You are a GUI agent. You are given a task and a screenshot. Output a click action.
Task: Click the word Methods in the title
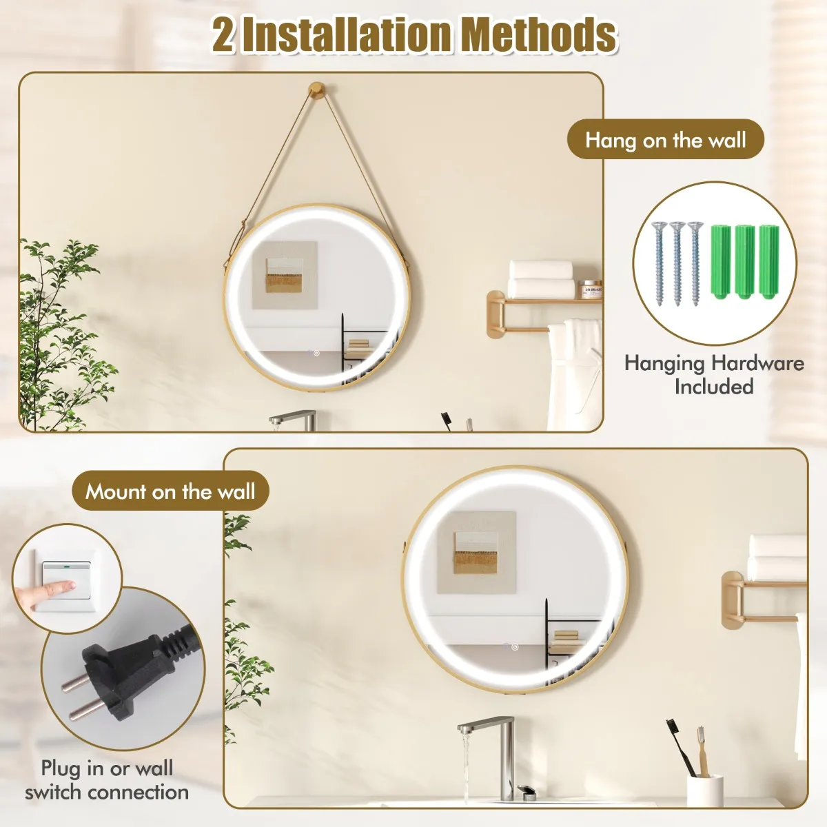[x=541, y=36]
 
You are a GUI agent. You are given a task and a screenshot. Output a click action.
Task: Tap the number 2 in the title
[x=223, y=36]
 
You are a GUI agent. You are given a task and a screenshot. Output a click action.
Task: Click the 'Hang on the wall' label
[x=666, y=140]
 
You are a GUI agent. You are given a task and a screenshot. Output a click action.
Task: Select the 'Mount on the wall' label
[x=170, y=491]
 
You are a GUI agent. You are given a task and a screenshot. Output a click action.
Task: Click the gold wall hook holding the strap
[x=317, y=91]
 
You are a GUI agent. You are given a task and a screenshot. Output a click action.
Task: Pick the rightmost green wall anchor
[x=768, y=262]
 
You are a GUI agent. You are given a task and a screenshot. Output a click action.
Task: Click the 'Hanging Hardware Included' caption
[x=714, y=374]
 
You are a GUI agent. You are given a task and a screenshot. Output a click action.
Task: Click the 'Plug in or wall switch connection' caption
[x=107, y=779]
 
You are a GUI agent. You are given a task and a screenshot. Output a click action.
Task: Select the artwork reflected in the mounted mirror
[x=476, y=553]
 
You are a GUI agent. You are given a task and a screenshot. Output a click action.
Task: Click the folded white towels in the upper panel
[x=542, y=279]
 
